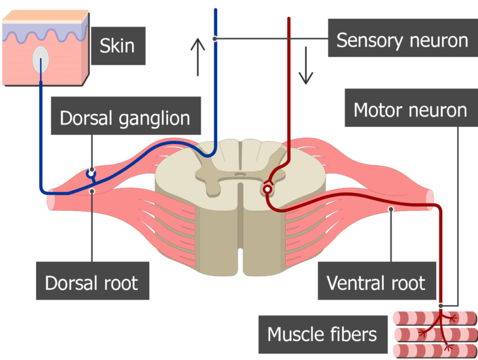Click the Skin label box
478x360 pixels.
[118, 46]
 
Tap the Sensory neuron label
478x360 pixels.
[403, 38]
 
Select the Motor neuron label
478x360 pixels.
[411, 108]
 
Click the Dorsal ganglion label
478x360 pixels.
[126, 116]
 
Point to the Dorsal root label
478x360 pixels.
[93, 281]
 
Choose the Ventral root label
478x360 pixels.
[377, 281]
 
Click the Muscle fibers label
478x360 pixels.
[323, 334]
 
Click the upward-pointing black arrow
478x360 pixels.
[198, 57]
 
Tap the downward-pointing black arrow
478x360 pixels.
[306, 65]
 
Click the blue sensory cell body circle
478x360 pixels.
[91, 174]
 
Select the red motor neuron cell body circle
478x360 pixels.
[267, 189]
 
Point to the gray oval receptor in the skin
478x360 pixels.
[41, 60]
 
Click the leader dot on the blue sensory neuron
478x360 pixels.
[215, 39]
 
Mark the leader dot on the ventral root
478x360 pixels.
[391, 209]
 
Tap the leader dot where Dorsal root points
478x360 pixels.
[92, 191]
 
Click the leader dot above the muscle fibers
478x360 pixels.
[441, 306]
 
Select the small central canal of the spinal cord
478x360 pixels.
[240, 175]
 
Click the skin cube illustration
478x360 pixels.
[46, 48]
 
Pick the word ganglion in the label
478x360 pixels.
[154, 118]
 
